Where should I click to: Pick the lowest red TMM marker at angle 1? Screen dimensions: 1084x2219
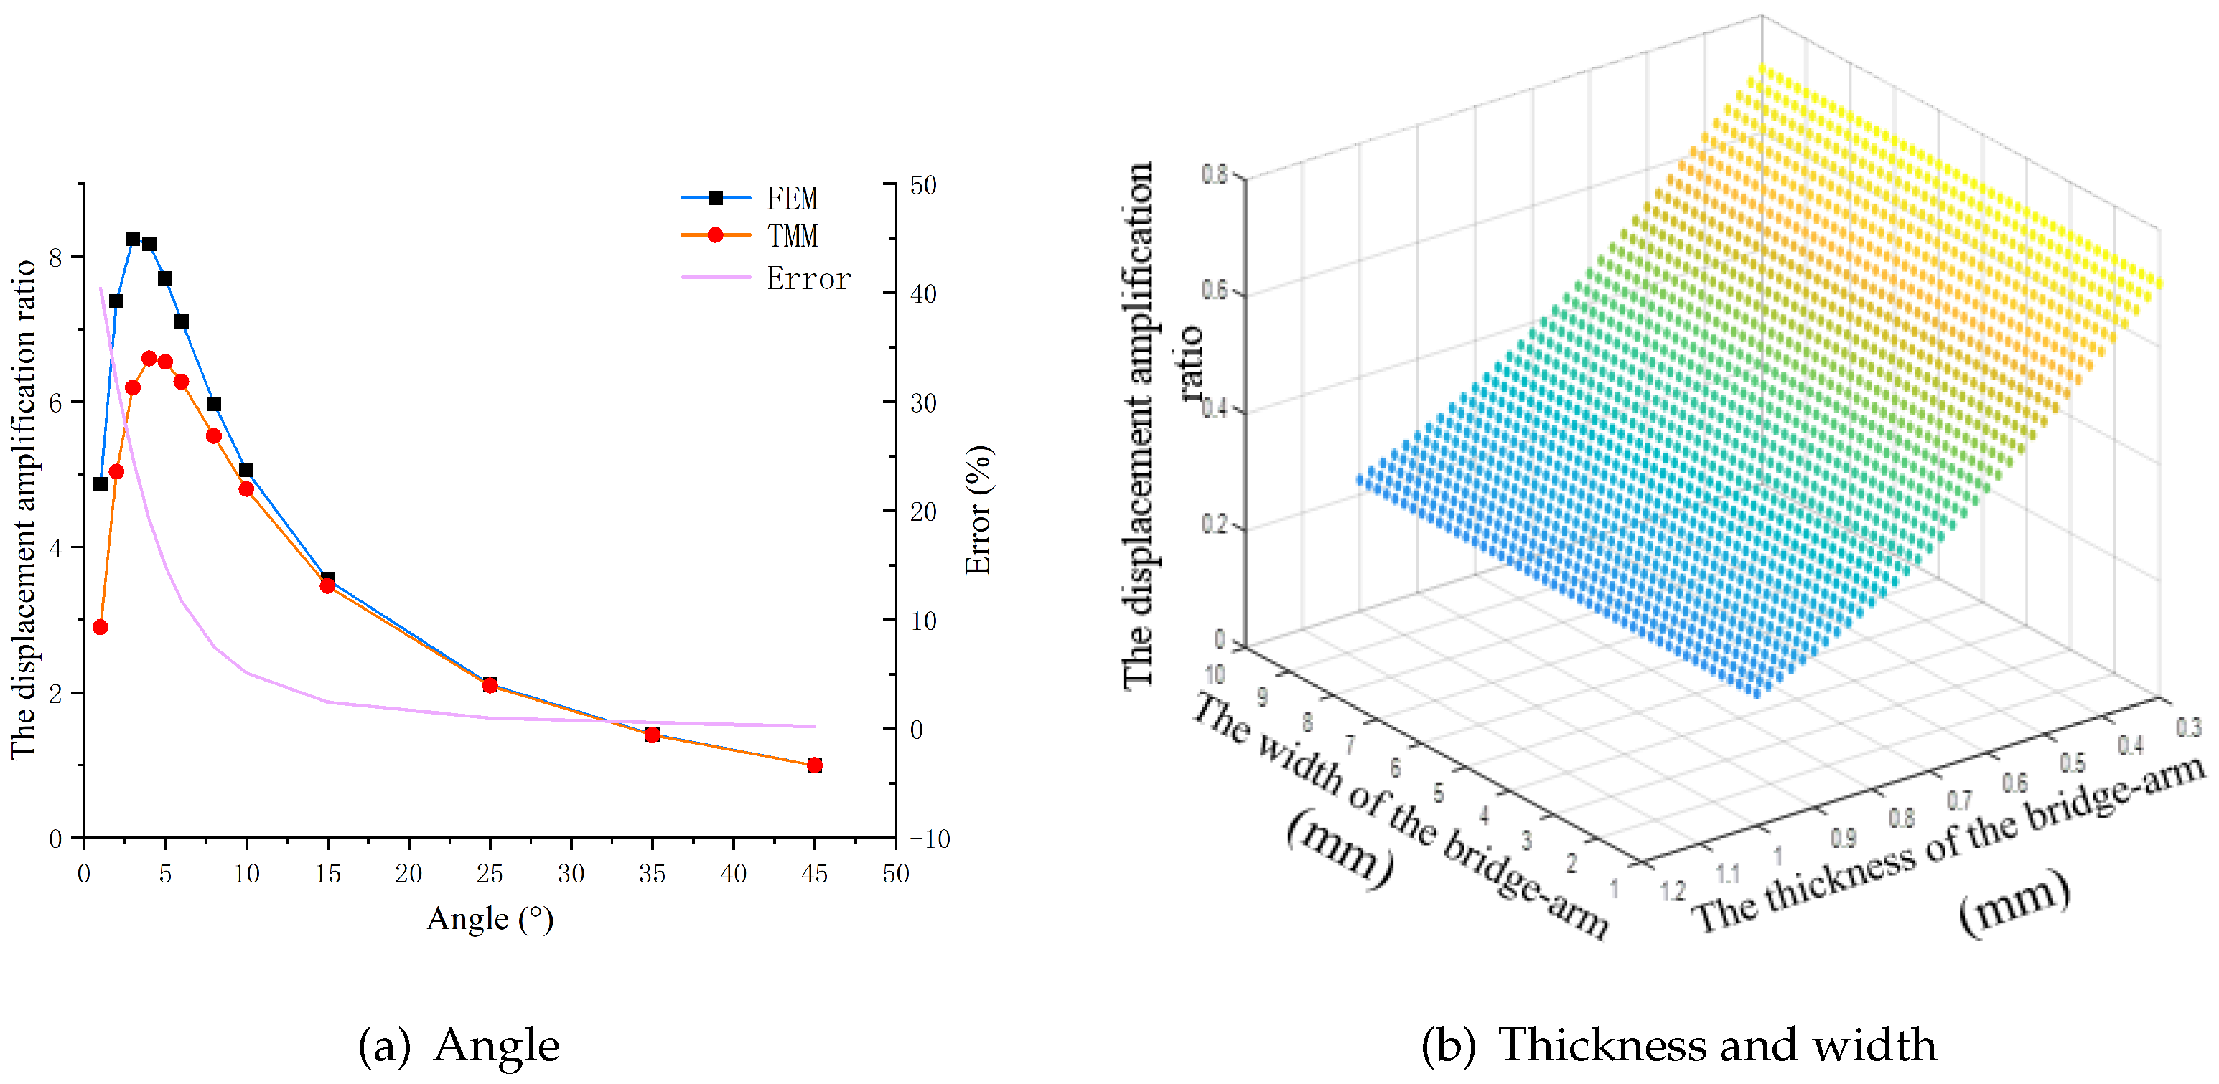click(x=100, y=628)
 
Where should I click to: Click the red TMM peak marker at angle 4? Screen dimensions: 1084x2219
click(x=149, y=358)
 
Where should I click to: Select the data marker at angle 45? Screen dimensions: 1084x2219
click(x=814, y=765)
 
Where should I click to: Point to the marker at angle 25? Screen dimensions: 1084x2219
click(x=490, y=685)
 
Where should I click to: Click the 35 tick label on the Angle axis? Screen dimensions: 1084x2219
click(x=651, y=874)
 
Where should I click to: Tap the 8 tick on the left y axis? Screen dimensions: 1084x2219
click(x=55, y=258)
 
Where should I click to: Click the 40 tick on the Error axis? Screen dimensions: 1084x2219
click(x=922, y=294)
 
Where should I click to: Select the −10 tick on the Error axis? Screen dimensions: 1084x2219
click(x=929, y=839)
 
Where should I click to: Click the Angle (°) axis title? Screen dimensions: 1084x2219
click(x=490, y=920)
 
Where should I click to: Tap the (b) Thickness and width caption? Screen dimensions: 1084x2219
click(x=1678, y=1045)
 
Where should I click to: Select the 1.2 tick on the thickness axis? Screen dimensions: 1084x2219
click(x=1672, y=891)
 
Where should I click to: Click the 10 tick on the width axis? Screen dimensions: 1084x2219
click(x=1214, y=675)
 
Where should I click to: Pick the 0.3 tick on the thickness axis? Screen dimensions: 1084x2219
click(x=2189, y=727)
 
